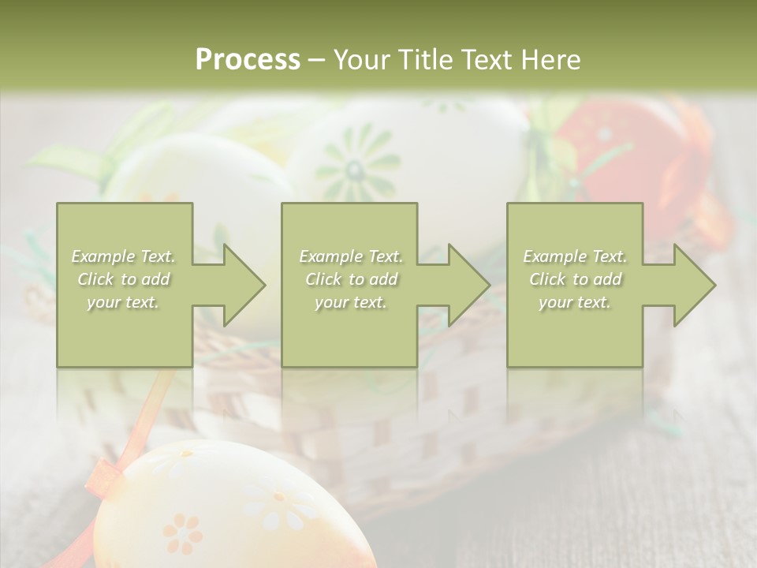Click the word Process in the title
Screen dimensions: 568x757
(248, 60)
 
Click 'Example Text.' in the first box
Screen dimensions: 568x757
(124, 256)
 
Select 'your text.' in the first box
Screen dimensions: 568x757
(124, 302)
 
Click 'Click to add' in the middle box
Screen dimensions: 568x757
(351, 279)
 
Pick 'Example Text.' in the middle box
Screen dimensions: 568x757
(351, 256)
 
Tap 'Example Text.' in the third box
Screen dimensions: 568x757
(575, 256)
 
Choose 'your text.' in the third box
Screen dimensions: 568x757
(575, 302)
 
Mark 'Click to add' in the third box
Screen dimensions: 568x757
(575, 279)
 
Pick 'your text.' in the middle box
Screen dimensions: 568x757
(351, 302)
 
